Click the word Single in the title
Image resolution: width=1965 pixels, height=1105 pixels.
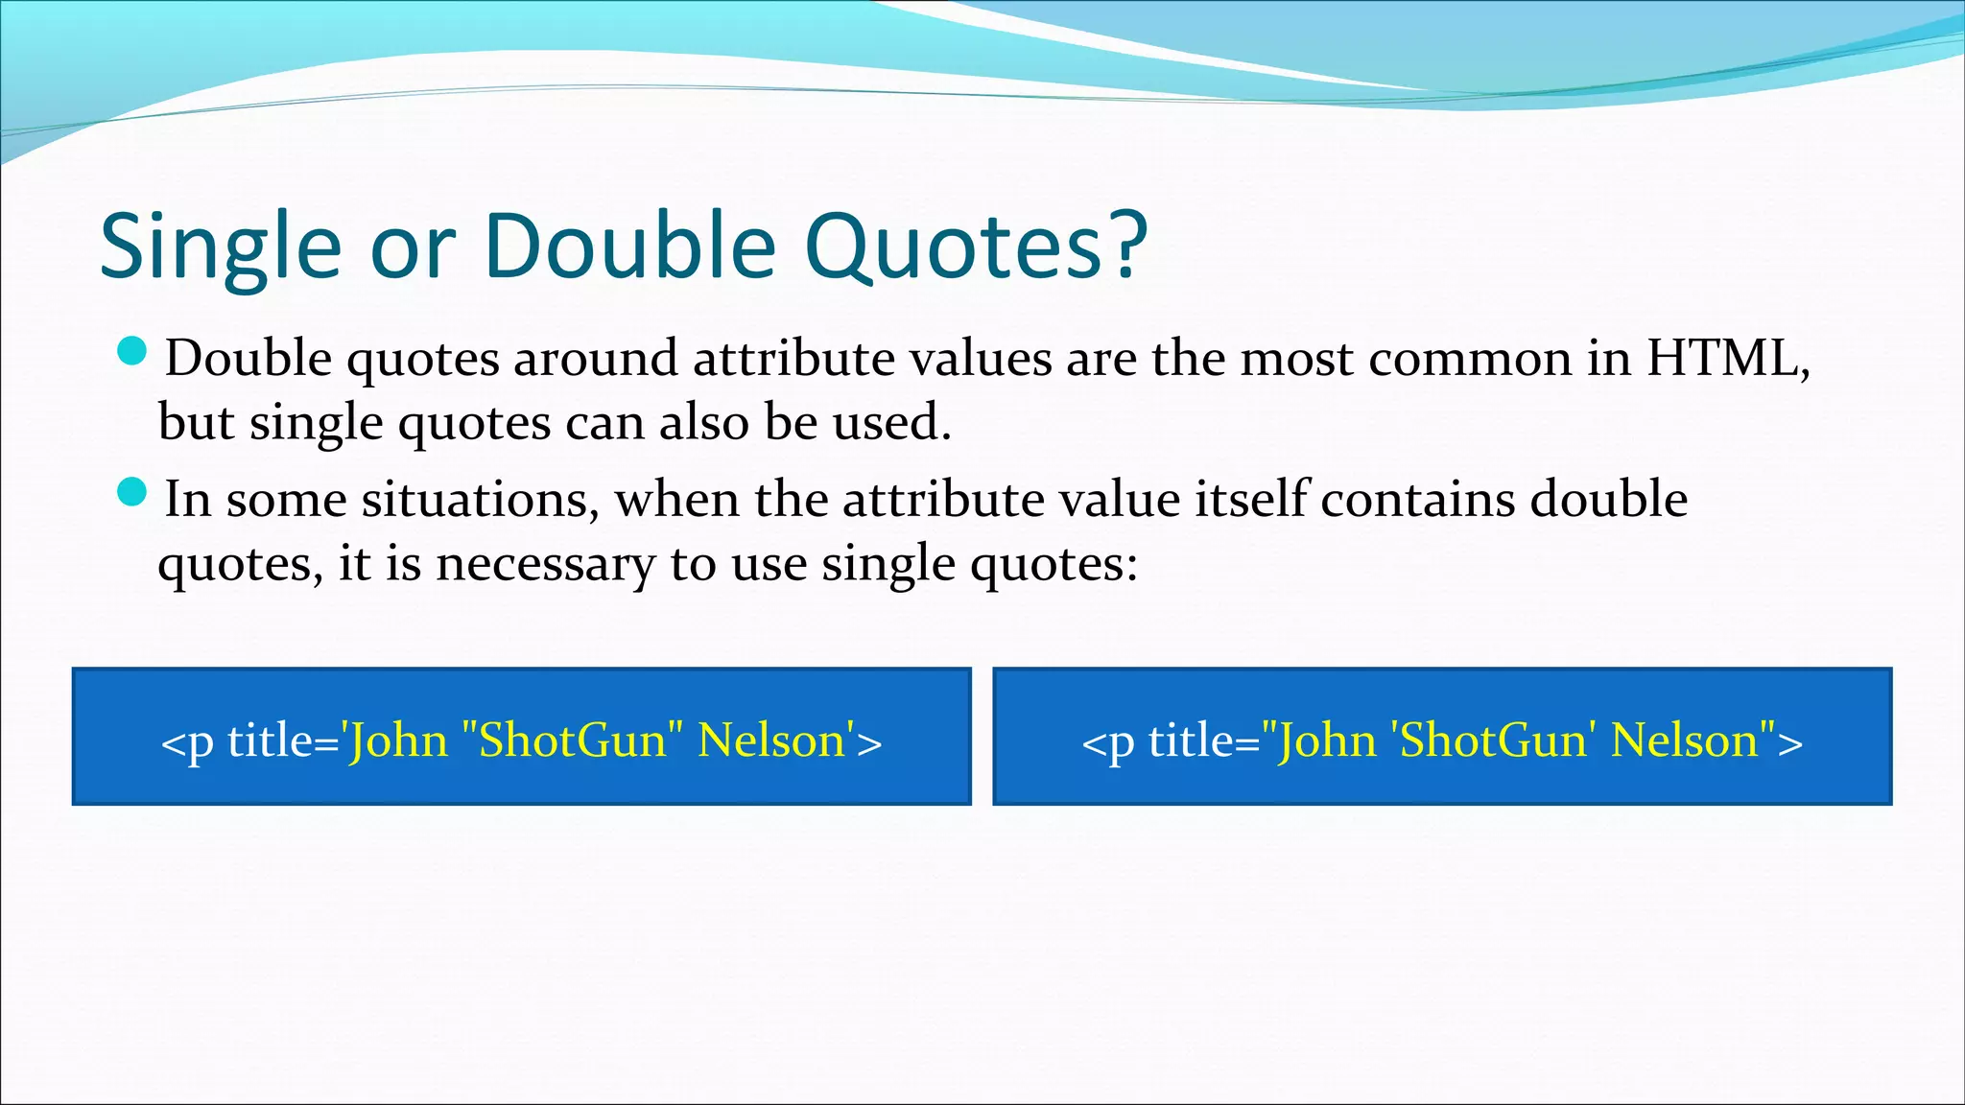(220, 247)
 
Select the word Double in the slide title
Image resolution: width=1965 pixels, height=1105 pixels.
(629, 247)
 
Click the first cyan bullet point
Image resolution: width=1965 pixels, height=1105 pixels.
(131, 352)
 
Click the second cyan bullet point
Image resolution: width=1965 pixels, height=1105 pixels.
(131, 493)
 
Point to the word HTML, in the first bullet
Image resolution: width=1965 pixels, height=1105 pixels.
(1727, 359)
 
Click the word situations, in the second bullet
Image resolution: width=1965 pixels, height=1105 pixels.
(481, 500)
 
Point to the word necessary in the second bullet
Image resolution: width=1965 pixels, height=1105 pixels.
(545, 564)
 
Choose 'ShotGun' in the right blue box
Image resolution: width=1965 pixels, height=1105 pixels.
(1493, 741)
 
